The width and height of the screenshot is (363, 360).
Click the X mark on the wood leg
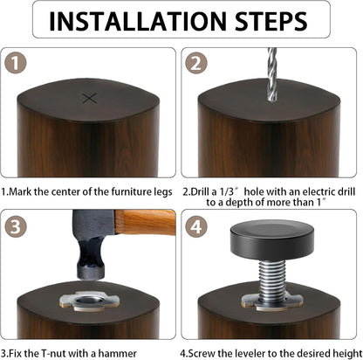point(89,98)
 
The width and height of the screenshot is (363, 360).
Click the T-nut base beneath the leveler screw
point(271,301)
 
